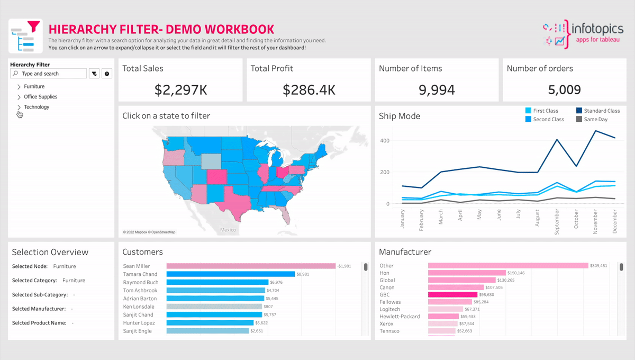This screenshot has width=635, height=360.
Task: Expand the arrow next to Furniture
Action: [x=19, y=86]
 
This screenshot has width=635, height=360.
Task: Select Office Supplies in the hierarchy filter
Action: [x=41, y=97]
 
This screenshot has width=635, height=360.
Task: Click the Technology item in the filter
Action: [x=37, y=107]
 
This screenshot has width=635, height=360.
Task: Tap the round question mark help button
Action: [x=107, y=74]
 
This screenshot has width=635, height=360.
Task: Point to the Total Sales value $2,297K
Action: [x=180, y=90]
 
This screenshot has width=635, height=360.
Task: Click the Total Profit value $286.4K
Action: [x=309, y=90]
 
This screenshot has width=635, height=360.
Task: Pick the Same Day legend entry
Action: [x=595, y=120]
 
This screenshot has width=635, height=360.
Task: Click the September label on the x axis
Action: [x=557, y=219]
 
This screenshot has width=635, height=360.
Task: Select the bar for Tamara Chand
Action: [x=231, y=274]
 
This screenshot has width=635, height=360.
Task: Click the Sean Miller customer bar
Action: [x=251, y=266]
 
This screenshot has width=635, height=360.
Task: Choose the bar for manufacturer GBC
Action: [x=452, y=294]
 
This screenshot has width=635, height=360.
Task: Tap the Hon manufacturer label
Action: [x=385, y=273]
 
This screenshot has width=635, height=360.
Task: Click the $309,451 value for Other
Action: [x=598, y=266]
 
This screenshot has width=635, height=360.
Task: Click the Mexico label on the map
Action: [x=228, y=230]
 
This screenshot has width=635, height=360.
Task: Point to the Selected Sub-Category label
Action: [x=40, y=295]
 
